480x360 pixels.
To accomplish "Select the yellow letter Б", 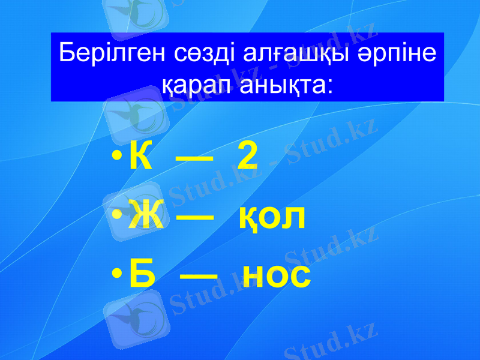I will (141, 275).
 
